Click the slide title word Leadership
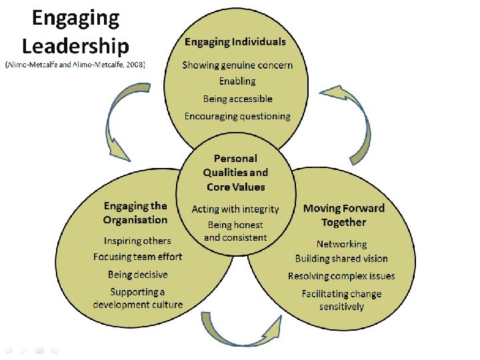[75, 45]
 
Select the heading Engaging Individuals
[235, 41]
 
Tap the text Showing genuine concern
[237, 65]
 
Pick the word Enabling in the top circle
[237, 81]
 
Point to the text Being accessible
[238, 99]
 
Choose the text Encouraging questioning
[237, 116]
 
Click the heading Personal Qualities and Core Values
[235, 173]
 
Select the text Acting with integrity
[235, 209]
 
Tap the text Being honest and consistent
[235, 231]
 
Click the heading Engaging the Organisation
[135, 213]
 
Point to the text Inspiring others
[137, 241]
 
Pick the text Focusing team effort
[137, 257]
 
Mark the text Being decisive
[137, 275]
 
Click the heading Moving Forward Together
[343, 215]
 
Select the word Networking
[341, 244]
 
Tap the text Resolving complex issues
[341, 276]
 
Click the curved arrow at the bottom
[245, 331]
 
